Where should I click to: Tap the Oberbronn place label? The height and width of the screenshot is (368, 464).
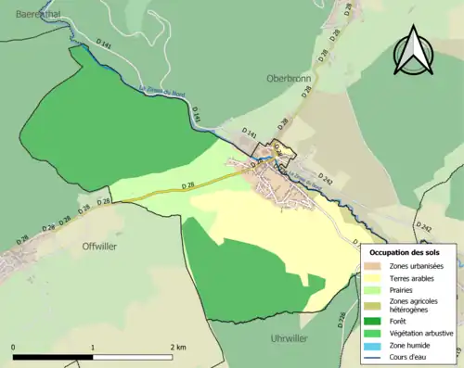289,78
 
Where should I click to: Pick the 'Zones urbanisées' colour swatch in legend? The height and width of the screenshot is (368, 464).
377,267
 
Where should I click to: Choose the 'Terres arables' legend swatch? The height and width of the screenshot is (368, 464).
377,278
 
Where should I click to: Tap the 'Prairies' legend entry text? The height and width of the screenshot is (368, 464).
405,289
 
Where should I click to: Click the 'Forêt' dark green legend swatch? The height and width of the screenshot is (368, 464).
377,322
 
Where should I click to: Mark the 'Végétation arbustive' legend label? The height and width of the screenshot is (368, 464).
424,333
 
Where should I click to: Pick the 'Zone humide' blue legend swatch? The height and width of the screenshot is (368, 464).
377,345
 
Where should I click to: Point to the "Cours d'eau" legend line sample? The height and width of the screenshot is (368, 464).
377,356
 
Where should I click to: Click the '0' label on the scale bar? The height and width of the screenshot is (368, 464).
13,347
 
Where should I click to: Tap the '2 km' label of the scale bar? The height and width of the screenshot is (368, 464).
178,347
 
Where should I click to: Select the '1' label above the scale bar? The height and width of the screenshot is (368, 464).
93,347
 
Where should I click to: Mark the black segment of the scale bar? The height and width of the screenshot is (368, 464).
53,357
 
